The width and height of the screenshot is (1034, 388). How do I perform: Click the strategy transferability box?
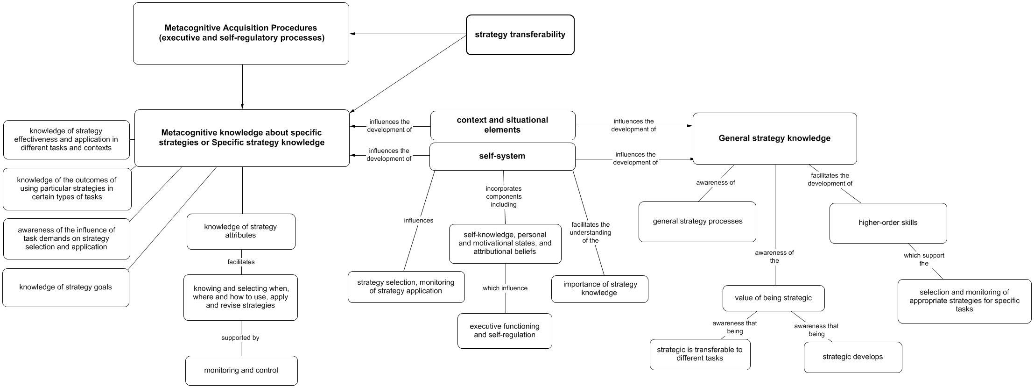coord(520,35)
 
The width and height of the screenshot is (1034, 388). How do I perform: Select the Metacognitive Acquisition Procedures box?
coord(241,34)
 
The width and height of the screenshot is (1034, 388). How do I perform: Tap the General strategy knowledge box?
coord(774,138)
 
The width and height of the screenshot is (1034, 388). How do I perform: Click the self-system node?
coord(502,156)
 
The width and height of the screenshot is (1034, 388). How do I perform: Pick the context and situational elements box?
coord(502,125)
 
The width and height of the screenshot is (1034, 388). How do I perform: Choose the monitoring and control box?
coord(241,370)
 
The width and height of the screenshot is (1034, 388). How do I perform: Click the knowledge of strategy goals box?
coord(65,287)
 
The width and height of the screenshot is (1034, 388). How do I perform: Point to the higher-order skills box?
coord(887,223)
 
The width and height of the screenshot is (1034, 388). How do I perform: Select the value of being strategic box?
coord(773,298)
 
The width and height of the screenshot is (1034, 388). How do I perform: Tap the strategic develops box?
coord(852,357)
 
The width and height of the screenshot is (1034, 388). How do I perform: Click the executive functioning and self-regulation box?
coord(504,331)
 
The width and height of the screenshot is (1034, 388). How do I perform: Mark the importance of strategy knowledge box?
coord(599,288)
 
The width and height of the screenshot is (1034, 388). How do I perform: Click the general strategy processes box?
coord(697,222)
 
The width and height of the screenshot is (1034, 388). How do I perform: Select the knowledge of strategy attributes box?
coord(240,231)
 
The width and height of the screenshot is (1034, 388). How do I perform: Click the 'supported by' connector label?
coord(240,338)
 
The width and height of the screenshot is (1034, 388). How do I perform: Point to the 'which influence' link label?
coord(505,288)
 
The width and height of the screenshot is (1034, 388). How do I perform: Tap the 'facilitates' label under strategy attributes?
coord(241,262)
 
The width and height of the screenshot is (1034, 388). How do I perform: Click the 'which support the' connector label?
coord(923,259)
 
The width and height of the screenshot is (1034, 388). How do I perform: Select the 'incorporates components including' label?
coord(503,197)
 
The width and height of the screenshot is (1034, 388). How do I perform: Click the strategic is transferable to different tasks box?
coord(699,354)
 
